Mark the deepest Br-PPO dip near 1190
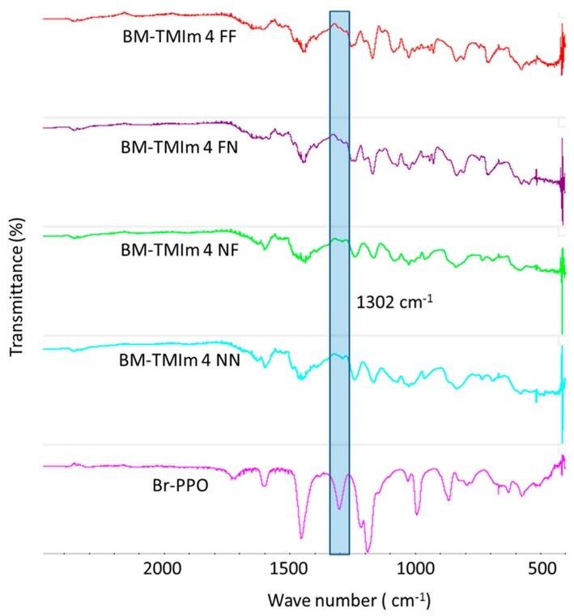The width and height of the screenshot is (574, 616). [368, 551]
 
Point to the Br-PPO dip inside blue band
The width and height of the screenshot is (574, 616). [339, 508]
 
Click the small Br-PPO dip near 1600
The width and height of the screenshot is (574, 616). [264, 486]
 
